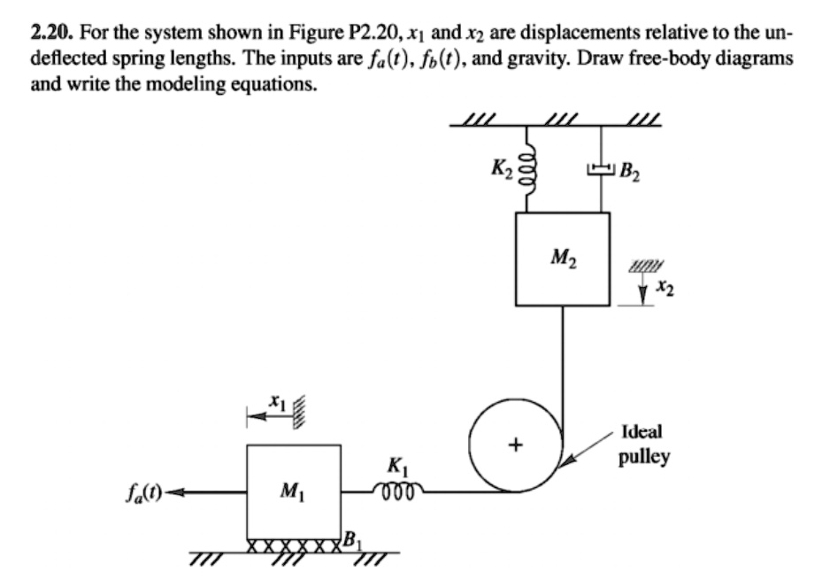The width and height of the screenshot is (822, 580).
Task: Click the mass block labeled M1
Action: tap(293, 491)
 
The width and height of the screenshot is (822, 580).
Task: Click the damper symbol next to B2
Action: tap(603, 167)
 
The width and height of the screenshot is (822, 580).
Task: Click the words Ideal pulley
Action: tap(646, 445)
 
